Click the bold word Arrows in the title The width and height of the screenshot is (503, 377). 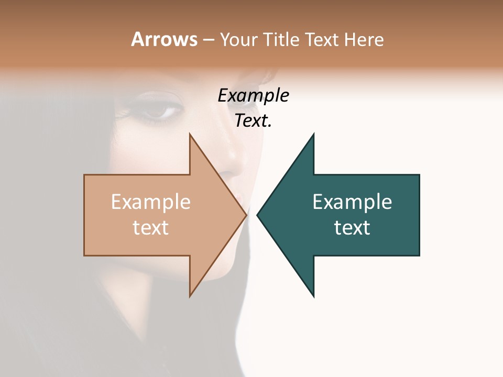(x=164, y=39)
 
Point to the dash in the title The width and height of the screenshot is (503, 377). (x=208, y=40)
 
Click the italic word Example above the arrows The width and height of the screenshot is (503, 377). (x=253, y=96)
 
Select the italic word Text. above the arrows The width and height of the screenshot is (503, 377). (x=253, y=121)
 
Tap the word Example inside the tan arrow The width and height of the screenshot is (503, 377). (x=151, y=202)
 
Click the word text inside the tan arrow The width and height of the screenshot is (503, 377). (x=151, y=228)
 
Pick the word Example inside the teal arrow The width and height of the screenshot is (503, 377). (x=352, y=202)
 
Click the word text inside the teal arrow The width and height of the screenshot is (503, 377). (x=352, y=228)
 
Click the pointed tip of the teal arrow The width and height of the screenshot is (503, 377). (x=258, y=215)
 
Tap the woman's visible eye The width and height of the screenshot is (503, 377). (x=160, y=111)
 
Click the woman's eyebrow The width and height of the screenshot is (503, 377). (x=157, y=96)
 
